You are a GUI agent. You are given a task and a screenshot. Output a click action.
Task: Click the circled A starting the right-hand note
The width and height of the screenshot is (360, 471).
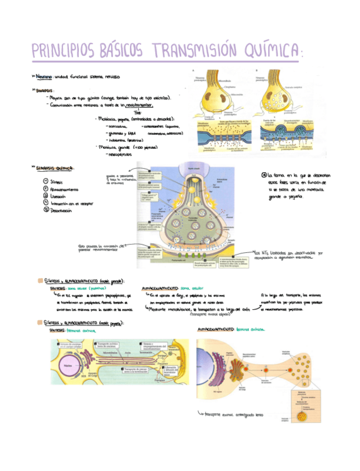tap(263, 174)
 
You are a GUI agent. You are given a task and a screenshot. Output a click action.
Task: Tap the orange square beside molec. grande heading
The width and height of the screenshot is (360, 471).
tap(40, 281)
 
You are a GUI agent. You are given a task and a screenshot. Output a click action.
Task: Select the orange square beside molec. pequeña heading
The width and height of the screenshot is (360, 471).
tap(40, 322)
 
